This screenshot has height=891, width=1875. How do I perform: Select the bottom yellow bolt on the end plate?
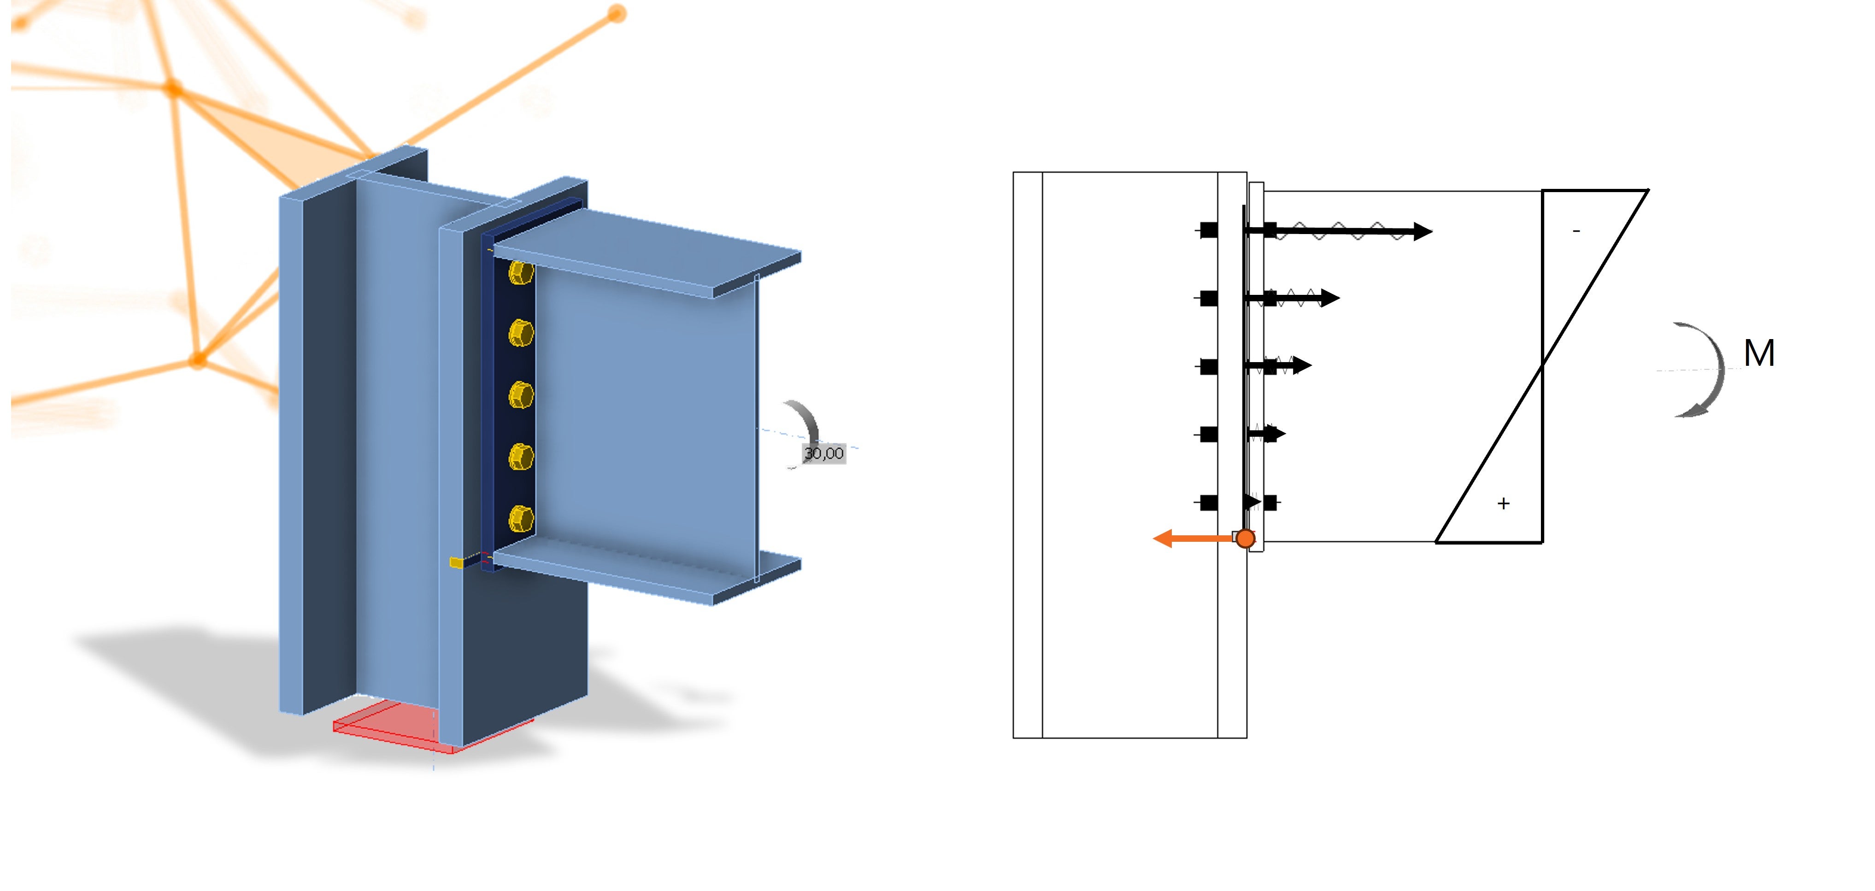click(x=520, y=519)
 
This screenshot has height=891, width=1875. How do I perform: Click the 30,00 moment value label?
click(x=823, y=453)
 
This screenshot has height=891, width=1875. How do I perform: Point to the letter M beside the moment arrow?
click(x=1758, y=354)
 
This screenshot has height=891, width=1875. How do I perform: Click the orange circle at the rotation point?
click(x=1246, y=539)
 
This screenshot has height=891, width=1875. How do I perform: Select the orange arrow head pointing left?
click(x=1163, y=539)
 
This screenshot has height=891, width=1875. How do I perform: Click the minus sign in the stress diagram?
click(x=1576, y=231)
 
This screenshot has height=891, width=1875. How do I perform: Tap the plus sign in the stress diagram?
click(x=1504, y=503)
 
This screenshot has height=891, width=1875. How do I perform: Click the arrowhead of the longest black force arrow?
click(x=1423, y=231)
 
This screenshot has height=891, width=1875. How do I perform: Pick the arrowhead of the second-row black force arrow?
click(x=1330, y=298)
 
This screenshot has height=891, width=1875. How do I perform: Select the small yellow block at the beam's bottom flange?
click(x=456, y=563)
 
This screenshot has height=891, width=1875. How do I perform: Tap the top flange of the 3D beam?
click(x=648, y=251)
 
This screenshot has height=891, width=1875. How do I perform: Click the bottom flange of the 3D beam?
click(x=648, y=571)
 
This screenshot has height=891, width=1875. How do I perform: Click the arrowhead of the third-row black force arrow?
click(x=1302, y=365)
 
